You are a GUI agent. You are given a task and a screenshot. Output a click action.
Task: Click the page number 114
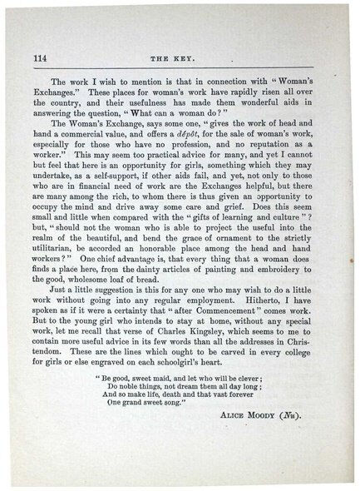coord(40,58)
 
